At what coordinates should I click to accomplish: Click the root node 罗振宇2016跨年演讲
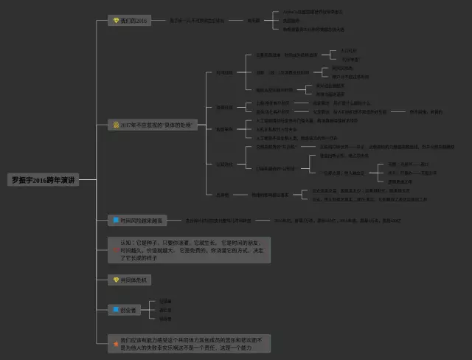[43, 179]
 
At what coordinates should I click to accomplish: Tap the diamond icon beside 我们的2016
[115, 21]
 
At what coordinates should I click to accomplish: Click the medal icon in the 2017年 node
[115, 125]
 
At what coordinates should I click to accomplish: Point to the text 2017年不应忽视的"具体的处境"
[152, 125]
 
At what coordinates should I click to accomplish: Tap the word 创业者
[129, 310]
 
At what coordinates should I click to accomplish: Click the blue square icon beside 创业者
[115, 310]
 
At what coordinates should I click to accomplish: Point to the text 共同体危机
[133, 280]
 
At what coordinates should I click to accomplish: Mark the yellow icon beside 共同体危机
[115, 280]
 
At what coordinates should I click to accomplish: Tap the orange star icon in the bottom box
[115, 344]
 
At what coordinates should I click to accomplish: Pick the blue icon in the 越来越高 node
[115, 220]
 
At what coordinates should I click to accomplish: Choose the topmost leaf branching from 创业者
[164, 302]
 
